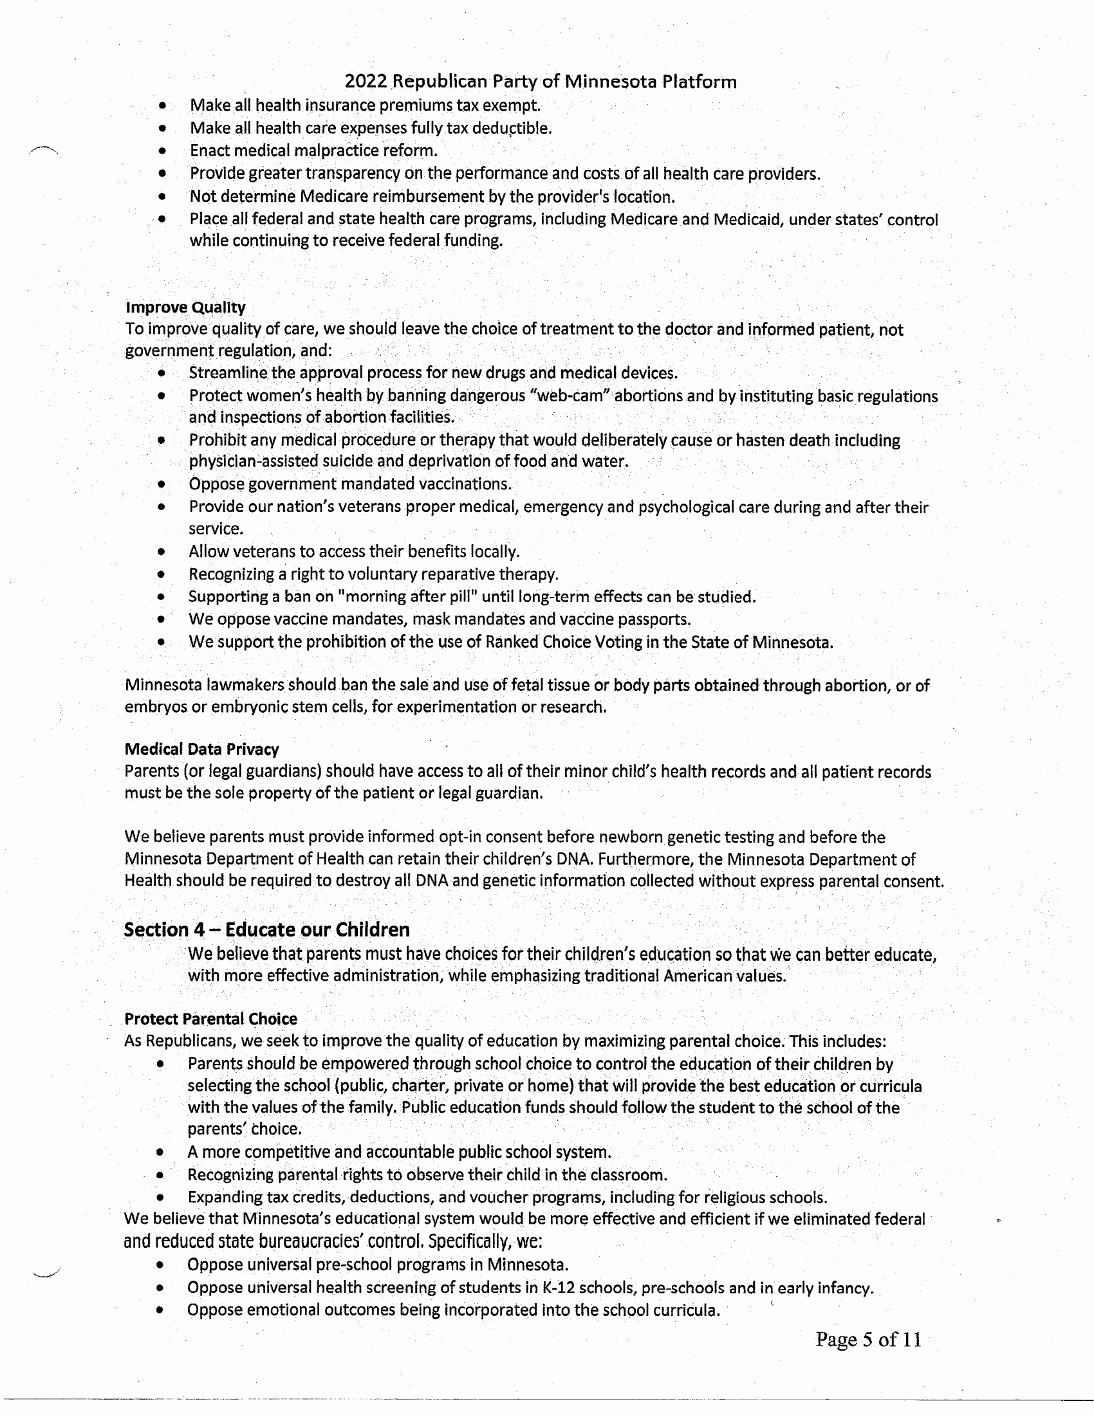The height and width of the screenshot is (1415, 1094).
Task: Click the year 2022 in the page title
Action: [x=366, y=82]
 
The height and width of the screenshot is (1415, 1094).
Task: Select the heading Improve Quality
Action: [x=185, y=307]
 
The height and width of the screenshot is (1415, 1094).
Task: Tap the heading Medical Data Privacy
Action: [x=201, y=749]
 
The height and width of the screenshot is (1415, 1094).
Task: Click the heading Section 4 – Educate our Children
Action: [x=266, y=930]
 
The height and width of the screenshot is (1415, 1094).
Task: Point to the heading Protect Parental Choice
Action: [x=210, y=1019]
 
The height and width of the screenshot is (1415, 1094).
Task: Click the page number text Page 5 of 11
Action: [x=868, y=1339]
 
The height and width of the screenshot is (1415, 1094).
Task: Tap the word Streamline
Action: [x=227, y=373]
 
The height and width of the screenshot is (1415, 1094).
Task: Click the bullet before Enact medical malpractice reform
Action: [x=162, y=151]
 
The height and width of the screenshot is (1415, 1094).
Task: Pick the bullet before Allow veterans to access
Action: [x=162, y=552]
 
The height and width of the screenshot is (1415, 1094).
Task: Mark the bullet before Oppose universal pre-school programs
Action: [x=160, y=1264]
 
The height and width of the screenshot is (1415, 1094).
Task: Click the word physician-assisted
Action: [x=254, y=461]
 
